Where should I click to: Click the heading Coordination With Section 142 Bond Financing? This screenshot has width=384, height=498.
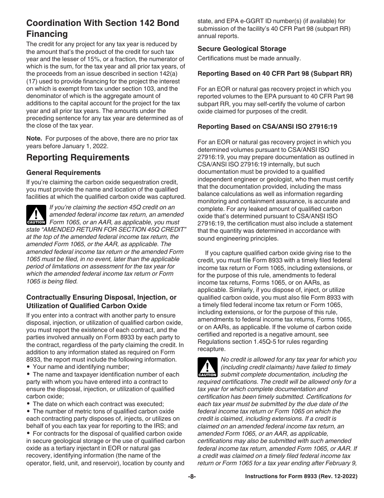103,28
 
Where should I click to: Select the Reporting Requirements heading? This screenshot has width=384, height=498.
78,157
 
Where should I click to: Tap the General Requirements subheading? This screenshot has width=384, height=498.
63,172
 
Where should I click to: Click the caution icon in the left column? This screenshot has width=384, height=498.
36,215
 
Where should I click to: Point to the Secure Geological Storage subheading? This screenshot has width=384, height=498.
242,49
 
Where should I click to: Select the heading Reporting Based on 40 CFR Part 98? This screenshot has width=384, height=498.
274,73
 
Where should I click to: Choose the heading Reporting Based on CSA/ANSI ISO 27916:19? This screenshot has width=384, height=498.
273,126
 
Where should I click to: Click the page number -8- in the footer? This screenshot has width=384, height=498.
192,477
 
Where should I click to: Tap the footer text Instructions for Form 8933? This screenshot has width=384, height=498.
301,477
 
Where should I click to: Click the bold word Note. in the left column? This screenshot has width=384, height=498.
34,138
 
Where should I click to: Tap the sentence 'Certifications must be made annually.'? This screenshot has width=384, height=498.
249,58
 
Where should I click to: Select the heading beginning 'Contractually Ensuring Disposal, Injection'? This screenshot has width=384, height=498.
101,301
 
